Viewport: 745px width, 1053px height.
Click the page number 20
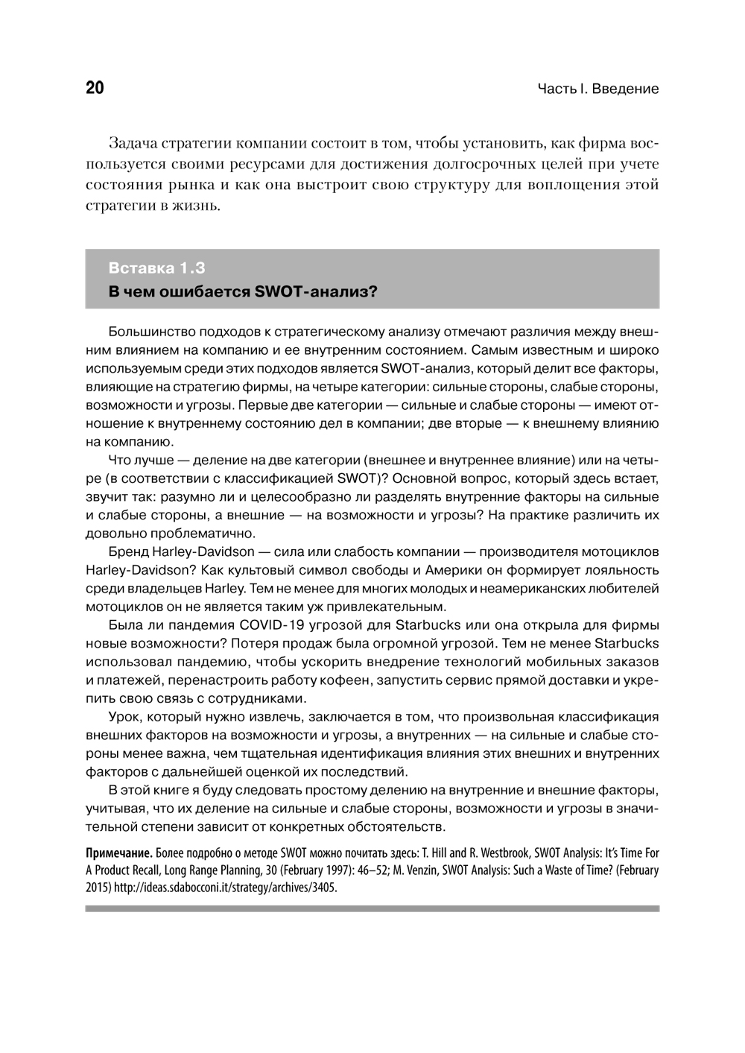click(x=95, y=89)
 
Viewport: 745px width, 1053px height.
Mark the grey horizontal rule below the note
click(x=372, y=908)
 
